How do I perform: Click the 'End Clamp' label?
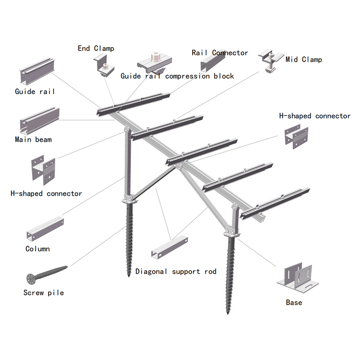96,48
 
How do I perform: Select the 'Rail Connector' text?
220,53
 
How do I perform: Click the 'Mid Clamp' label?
304,59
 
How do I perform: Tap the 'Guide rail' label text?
35,91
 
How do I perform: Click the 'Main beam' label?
33,139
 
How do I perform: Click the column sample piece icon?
45,229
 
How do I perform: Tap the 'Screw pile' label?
44,292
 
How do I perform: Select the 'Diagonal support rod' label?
175,271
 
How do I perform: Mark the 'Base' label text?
294,302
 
